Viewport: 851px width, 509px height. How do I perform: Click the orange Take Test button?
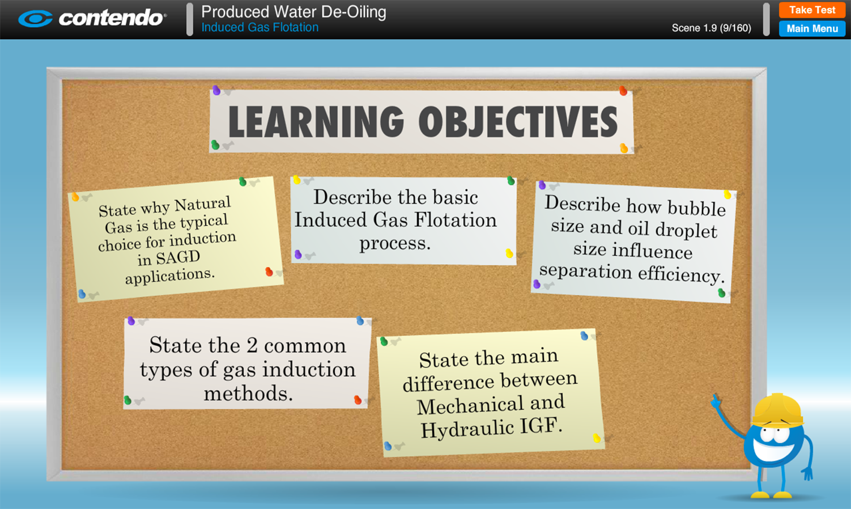tap(812, 10)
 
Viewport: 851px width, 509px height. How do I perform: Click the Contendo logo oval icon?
tap(35, 18)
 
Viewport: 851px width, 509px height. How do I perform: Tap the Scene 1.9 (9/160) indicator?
tap(711, 28)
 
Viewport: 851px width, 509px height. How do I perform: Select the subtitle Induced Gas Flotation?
tap(260, 27)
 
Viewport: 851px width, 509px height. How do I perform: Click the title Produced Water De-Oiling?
tap(293, 12)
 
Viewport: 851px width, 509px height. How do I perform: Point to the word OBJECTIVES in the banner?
tap(518, 122)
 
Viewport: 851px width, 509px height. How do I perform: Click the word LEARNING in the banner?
tap(316, 122)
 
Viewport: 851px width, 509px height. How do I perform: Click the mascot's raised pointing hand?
tap(716, 401)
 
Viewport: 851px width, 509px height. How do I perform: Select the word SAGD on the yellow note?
tap(178, 257)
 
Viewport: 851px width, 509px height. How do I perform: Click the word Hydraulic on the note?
tap(467, 429)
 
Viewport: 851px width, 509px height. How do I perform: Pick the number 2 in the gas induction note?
tap(252, 345)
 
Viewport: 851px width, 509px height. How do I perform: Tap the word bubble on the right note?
tap(696, 209)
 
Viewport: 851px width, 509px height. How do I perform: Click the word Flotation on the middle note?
tap(456, 220)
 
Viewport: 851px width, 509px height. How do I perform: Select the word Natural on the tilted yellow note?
tap(203, 204)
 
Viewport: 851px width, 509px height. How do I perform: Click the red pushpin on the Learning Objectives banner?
tap(623, 91)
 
